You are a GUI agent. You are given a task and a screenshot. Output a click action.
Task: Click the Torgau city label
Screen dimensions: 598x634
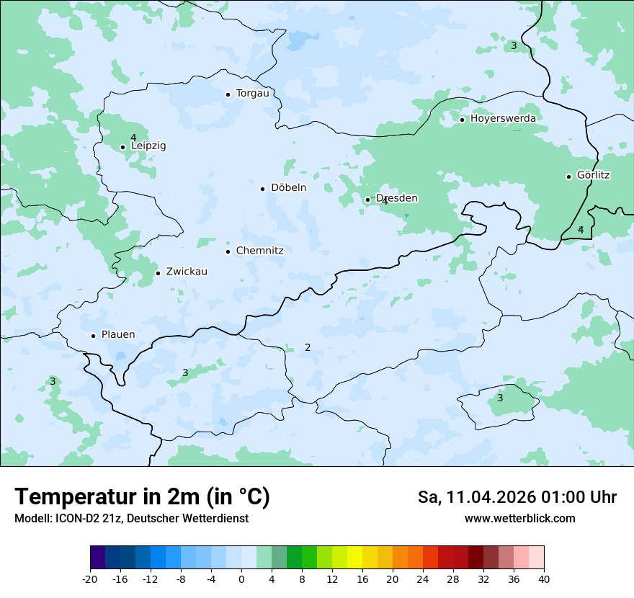pos(252,93)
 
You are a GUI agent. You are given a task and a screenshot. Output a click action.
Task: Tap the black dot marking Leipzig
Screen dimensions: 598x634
pos(122,147)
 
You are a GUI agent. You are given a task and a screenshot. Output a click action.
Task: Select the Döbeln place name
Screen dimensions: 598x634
pos(288,187)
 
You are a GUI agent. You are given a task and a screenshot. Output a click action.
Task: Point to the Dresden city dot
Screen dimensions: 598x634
pos(367,200)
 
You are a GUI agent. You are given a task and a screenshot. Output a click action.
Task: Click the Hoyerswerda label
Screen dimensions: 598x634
pos(503,118)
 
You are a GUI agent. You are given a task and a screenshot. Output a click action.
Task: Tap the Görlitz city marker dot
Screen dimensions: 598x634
pos(568,177)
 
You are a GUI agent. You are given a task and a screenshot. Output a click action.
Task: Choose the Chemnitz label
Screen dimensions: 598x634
pos(259,251)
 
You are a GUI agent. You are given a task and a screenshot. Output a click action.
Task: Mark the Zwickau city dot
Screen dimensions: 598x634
pos(158,273)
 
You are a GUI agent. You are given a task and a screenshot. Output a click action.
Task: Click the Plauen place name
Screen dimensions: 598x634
pos(117,334)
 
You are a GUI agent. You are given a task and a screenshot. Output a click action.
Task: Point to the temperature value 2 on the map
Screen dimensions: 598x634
pos(308,347)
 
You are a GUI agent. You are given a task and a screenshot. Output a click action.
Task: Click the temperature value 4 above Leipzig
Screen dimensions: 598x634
pos(133,138)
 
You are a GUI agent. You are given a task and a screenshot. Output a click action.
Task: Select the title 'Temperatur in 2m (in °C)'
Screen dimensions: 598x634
pos(143,496)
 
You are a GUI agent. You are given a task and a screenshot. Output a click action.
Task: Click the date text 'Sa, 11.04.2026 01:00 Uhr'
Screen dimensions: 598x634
pos(517,497)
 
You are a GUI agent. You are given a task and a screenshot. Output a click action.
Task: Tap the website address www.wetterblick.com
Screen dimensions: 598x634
pos(519,518)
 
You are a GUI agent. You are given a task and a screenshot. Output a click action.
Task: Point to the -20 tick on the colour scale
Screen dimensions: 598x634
pos(90,579)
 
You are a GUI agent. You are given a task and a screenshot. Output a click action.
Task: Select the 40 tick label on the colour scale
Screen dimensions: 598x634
pos(544,579)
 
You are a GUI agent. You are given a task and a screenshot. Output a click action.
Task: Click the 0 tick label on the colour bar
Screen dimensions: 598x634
pos(241,579)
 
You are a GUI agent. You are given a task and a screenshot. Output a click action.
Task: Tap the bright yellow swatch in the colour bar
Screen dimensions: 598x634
pos(354,558)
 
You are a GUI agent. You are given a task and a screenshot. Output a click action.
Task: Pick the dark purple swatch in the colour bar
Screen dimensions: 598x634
pos(98,558)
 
